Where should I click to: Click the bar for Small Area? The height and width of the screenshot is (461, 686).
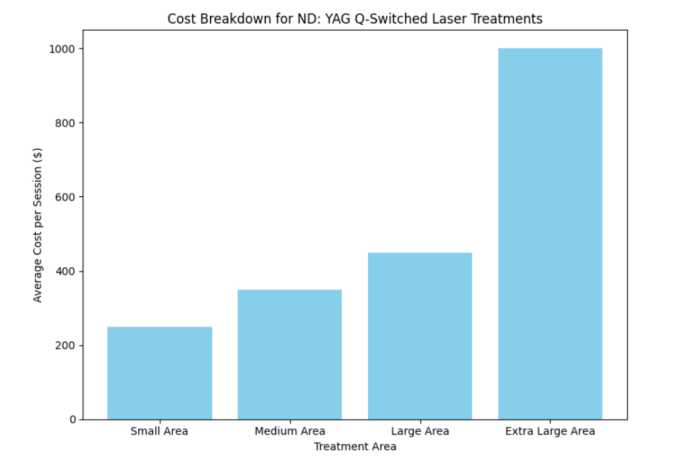coord(159,373)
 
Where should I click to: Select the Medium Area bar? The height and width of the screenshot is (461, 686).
coord(290,354)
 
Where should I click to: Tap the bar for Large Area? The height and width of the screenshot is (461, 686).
coord(420,336)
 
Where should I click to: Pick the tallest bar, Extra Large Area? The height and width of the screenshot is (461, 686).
coord(550,234)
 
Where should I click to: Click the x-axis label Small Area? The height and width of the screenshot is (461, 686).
coord(159,431)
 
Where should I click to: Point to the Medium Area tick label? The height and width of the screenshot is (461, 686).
coord(290,431)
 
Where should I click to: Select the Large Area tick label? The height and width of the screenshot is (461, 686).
coord(420,431)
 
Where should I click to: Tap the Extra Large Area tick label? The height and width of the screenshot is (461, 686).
coord(550,431)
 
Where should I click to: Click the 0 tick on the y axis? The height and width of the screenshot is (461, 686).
coord(72,420)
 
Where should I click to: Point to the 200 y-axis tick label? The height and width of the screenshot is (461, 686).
coord(66,346)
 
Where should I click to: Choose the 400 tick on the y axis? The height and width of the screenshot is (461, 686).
coord(66,271)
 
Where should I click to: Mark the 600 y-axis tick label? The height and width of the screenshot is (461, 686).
coord(66,197)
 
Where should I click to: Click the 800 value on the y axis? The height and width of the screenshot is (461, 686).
coord(66,123)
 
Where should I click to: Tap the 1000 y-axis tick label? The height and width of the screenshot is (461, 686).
coord(63,49)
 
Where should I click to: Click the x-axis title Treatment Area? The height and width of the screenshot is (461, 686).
coord(355,447)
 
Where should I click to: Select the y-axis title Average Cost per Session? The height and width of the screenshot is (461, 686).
coord(38,225)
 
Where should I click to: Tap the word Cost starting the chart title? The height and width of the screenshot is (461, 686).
coord(181,19)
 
